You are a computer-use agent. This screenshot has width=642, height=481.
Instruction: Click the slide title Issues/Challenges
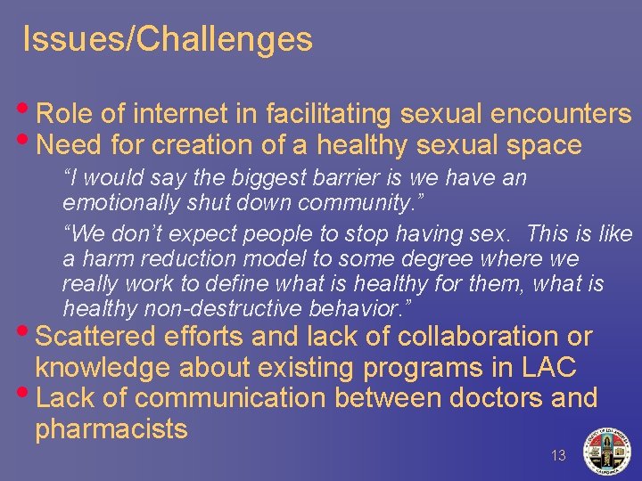point(168,39)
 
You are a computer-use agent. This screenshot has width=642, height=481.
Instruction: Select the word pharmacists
point(111,428)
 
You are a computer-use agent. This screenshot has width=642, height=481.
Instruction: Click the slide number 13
point(558,455)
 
